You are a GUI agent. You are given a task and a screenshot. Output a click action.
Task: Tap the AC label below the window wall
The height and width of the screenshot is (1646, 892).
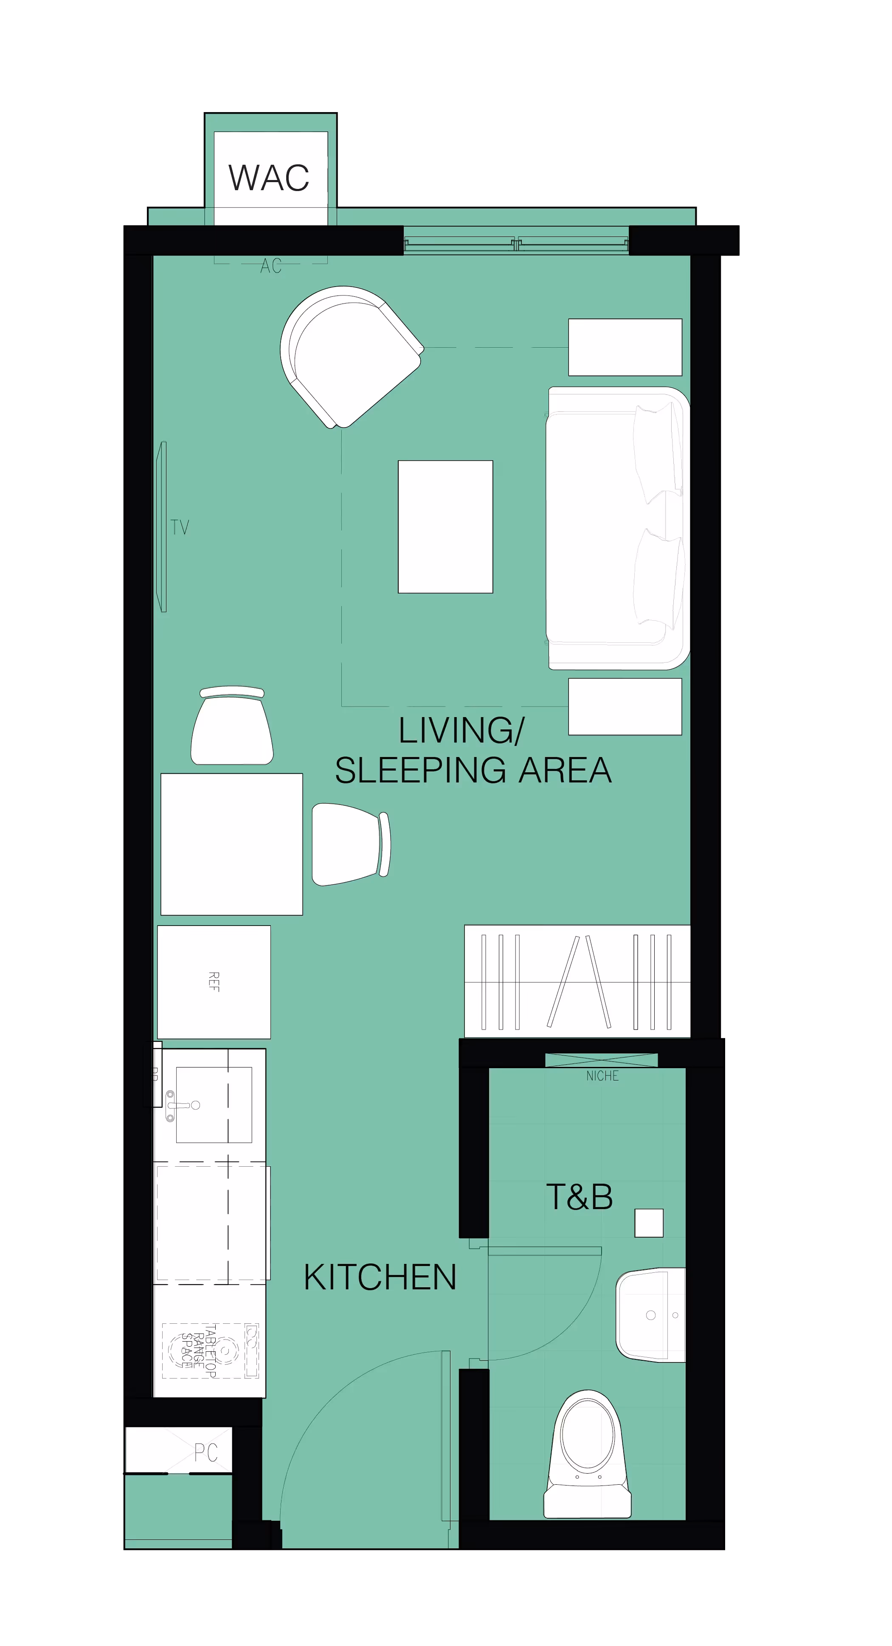coord(271,266)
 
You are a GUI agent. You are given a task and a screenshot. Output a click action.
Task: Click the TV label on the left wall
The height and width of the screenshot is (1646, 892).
coord(180,527)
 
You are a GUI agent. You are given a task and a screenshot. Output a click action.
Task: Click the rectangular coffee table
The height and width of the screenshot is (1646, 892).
coord(445,526)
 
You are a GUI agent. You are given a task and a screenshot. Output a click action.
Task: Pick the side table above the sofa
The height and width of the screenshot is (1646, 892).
coord(625,347)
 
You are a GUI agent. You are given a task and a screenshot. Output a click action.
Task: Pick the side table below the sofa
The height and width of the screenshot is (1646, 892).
coord(625,706)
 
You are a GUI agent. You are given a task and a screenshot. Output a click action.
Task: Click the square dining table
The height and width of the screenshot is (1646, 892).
coord(231,844)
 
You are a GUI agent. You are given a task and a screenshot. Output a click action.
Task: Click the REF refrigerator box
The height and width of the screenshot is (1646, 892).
coord(214,982)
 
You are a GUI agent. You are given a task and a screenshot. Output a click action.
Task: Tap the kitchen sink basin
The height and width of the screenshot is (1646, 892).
coord(214,1104)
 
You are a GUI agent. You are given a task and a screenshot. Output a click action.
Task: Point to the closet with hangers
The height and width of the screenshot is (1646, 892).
coord(577,981)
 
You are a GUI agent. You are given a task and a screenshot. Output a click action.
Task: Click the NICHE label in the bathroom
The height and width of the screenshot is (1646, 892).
coord(602,1076)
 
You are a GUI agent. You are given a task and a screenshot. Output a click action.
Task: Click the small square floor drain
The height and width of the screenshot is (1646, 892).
coord(649,1223)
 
